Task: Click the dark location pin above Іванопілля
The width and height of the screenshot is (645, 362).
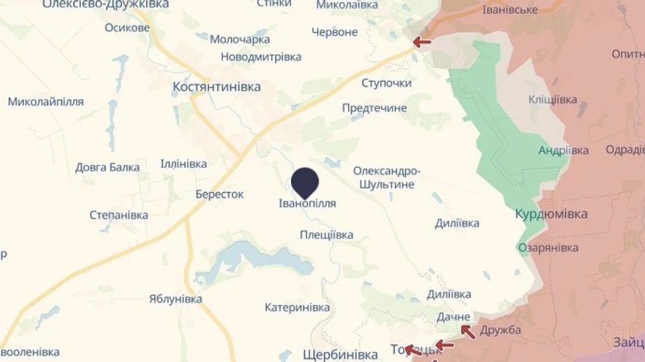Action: (305, 181)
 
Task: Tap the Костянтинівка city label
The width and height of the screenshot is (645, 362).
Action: (216, 87)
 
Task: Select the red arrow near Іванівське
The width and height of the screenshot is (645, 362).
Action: (422, 42)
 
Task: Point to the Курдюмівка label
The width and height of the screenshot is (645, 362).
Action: (551, 214)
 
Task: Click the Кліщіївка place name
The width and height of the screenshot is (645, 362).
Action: (552, 100)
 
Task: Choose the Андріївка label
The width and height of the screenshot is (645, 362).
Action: (563, 151)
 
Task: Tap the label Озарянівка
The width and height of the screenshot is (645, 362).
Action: (548, 247)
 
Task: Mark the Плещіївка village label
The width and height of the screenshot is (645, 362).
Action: (326, 234)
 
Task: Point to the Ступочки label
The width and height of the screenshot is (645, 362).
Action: (386, 83)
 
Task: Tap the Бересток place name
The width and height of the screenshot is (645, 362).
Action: (219, 194)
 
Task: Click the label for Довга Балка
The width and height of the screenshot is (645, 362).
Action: (107, 168)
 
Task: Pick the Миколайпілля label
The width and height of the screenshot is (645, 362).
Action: (46, 102)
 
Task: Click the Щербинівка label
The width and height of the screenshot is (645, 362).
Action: (340, 354)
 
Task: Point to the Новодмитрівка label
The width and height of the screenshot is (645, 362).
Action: (260, 57)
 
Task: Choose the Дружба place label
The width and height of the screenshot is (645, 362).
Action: (500, 330)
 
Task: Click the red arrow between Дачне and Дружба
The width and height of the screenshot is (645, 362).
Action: (467, 330)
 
